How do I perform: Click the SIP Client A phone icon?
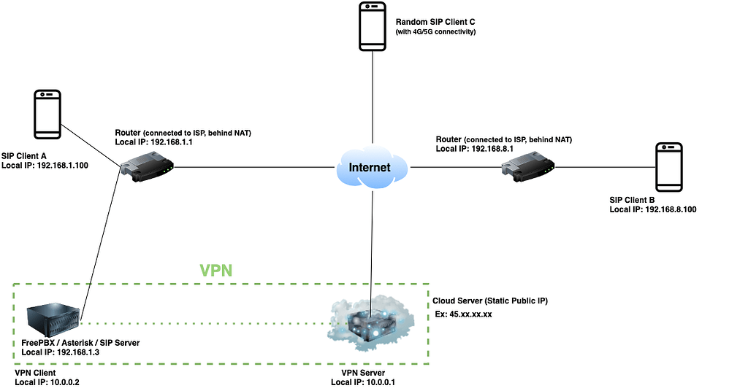[49, 115]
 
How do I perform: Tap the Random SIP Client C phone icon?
[373, 26]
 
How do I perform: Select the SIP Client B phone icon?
[669, 167]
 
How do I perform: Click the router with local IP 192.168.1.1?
[147, 168]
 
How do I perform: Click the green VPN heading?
[216, 270]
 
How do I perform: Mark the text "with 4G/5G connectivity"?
[436, 32]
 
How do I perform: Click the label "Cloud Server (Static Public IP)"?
[490, 301]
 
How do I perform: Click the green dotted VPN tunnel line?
[205, 322]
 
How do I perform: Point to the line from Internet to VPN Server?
[373, 241]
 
